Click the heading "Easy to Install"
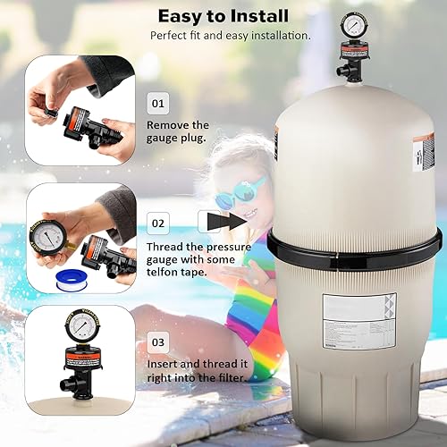223,15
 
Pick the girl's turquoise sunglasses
227,190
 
